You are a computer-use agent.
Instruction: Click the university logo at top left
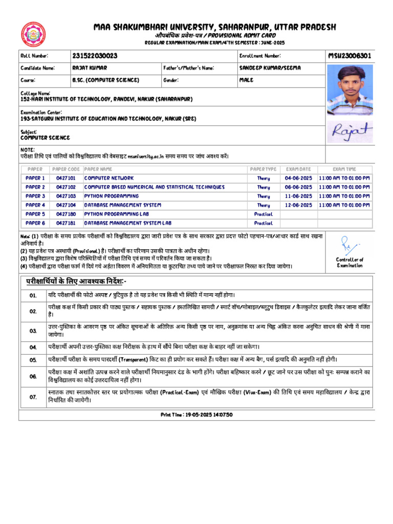click(33, 34)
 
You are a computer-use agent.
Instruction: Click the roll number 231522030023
click(95, 55)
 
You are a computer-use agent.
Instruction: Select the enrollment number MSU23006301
click(350, 55)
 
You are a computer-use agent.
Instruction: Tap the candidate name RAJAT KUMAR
click(90, 68)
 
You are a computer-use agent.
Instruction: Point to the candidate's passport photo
click(350, 90)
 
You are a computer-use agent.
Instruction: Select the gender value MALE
click(247, 80)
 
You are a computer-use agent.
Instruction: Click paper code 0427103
click(66, 196)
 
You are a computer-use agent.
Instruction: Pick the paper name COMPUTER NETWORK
click(109, 178)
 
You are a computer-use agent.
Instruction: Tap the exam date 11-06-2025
click(298, 196)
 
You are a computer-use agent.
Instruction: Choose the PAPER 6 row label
click(35, 223)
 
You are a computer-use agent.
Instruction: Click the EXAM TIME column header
click(344, 169)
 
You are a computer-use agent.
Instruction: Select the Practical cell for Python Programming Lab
click(264, 214)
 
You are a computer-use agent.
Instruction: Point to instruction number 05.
click(33, 360)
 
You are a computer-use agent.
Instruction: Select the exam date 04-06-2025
click(298, 178)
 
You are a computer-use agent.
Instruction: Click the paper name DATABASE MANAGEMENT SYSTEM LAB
click(128, 223)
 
